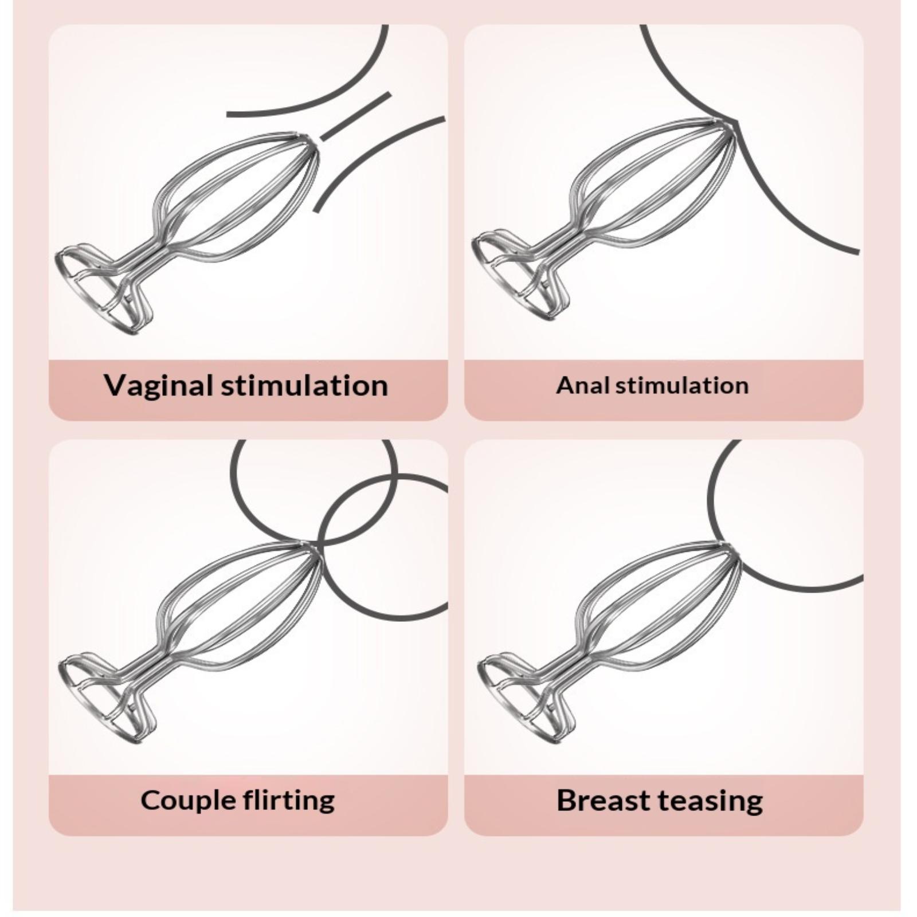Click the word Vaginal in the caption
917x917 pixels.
coord(159,385)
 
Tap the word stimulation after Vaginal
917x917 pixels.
coord(304,385)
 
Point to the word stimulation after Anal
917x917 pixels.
coord(682,385)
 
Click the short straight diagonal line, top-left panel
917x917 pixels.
coord(355,116)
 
